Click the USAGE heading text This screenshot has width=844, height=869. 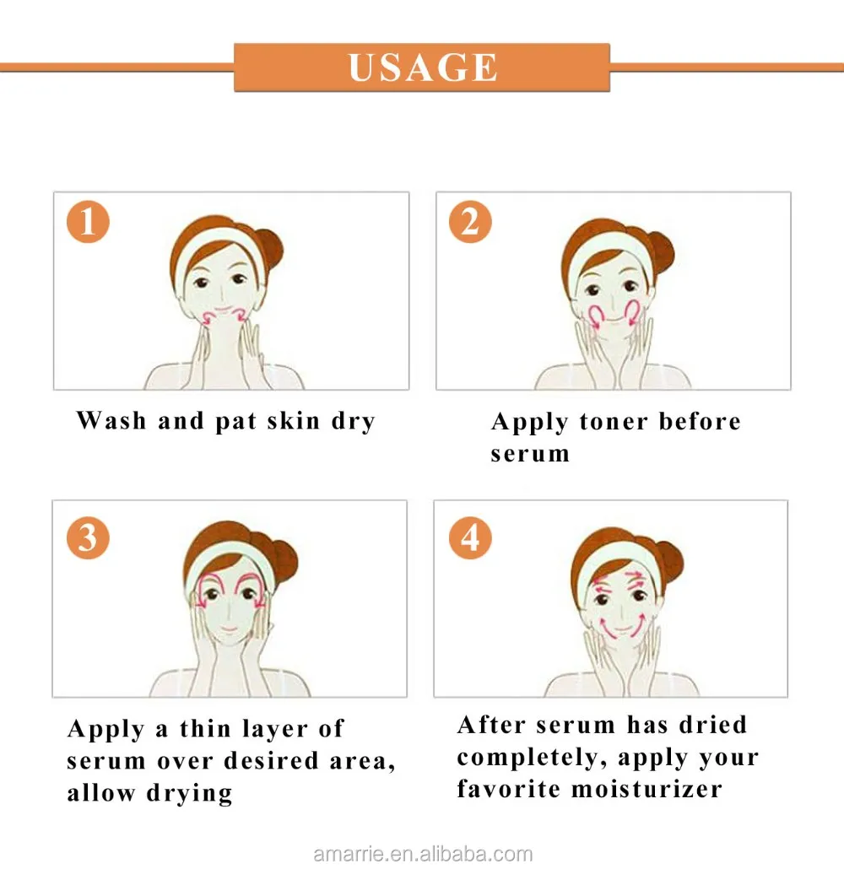click(x=423, y=67)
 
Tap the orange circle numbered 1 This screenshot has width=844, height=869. click(x=88, y=222)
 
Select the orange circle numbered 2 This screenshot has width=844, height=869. click(x=470, y=222)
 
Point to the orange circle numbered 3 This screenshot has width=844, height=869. click(x=88, y=537)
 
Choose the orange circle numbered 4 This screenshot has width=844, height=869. click(x=470, y=537)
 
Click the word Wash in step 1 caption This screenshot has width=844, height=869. click(x=111, y=420)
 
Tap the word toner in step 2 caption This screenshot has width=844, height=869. click(x=614, y=422)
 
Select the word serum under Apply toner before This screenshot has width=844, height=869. click(x=530, y=454)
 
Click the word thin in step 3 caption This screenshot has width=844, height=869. click(x=205, y=728)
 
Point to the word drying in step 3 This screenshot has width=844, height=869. click(x=189, y=793)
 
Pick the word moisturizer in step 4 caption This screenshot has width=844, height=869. click(x=647, y=789)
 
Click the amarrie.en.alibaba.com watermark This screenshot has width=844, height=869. click(x=423, y=854)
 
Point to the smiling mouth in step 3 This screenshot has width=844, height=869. click(x=229, y=630)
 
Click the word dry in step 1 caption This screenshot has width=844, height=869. click(x=354, y=421)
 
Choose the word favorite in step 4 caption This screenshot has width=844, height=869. click(x=508, y=789)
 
